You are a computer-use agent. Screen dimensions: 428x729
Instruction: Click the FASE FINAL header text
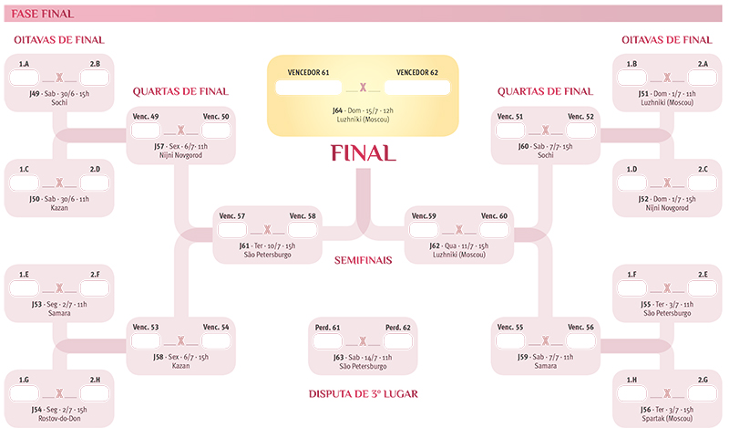[x=43, y=13]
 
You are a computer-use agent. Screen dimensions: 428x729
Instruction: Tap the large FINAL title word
[x=363, y=151]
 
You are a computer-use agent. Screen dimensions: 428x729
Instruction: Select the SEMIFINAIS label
[x=363, y=260]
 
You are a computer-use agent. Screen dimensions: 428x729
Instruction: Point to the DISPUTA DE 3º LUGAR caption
[x=363, y=394]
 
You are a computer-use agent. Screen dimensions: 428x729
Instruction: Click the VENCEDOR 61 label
[x=308, y=72]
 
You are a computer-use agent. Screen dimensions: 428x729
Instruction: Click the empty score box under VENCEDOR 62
[x=416, y=88]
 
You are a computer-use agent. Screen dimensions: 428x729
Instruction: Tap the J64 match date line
[x=363, y=110]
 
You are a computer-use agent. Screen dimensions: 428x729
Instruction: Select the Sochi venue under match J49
[x=59, y=103]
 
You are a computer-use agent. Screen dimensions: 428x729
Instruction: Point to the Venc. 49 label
[x=147, y=117]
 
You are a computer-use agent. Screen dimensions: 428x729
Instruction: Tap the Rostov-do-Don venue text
[x=59, y=421]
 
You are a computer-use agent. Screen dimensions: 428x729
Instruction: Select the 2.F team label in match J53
[x=95, y=272]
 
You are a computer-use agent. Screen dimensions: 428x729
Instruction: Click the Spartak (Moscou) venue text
[x=667, y=421]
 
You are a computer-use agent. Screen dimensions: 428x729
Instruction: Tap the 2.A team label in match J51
[x=703, y=64]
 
